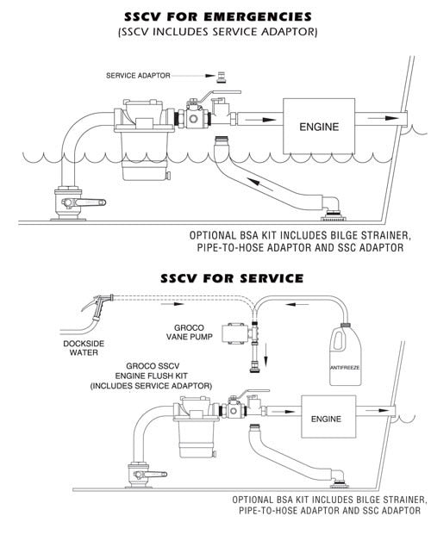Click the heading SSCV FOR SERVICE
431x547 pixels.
(x=232, y=277)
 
